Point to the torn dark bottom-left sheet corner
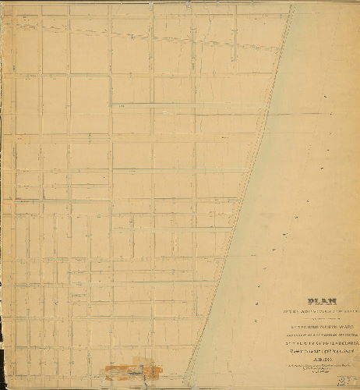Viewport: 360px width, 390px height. (3, 385)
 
